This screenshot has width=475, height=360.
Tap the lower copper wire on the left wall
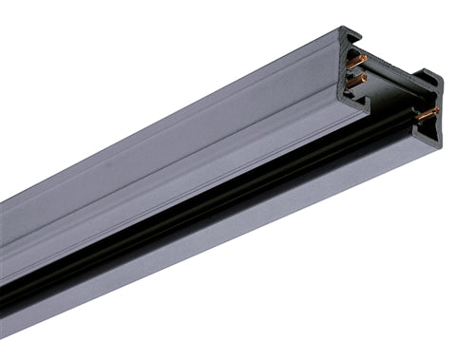(356, 82)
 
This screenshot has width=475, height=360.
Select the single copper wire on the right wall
(427, 114)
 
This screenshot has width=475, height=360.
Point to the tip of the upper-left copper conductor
(365, 59)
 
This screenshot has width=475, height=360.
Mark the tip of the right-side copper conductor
(437, 110)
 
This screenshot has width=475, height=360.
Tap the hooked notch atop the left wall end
(353, 38)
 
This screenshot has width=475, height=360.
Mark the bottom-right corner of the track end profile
(440, 144)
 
